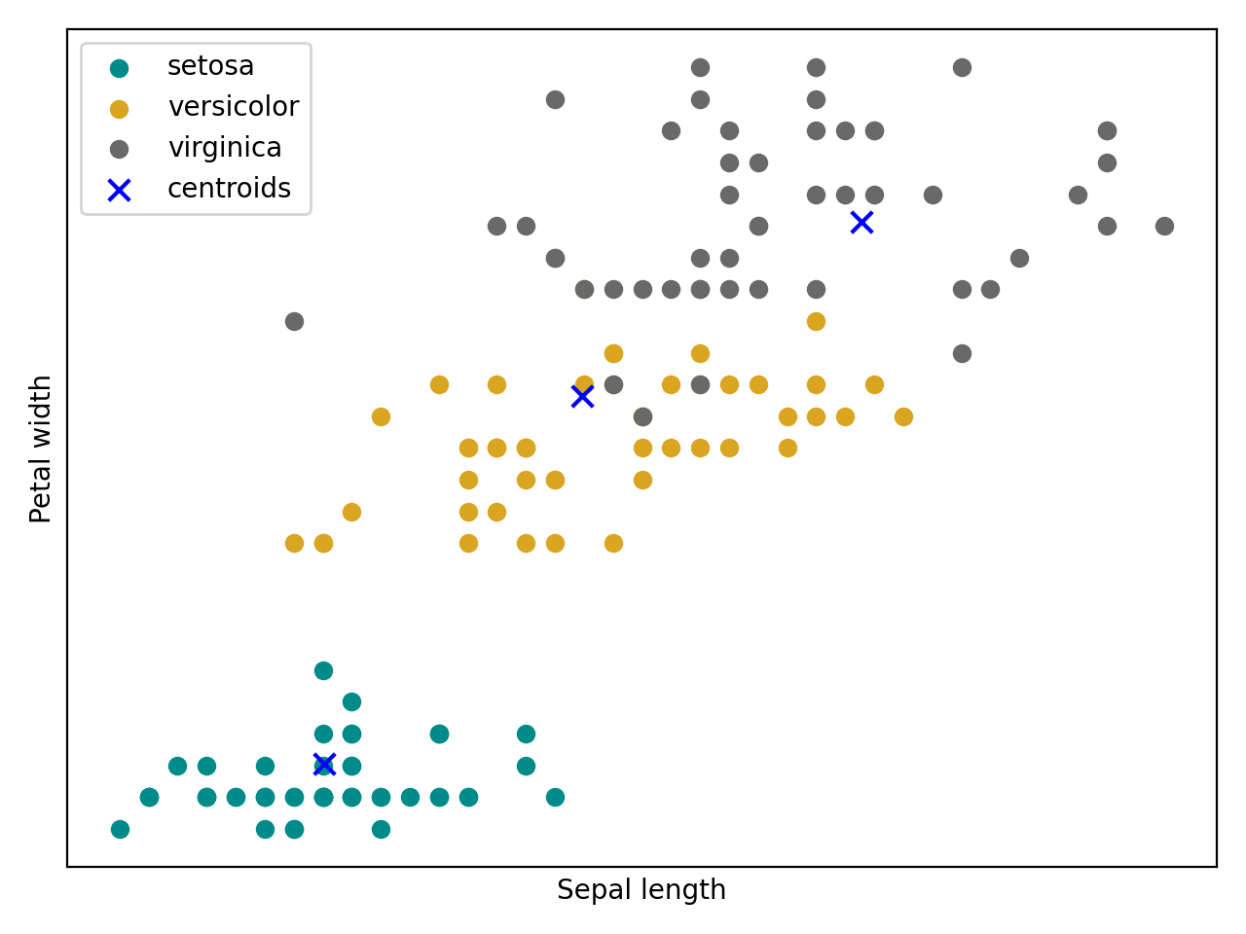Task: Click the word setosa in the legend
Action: (x=210, y=66)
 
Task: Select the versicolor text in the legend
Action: (x=233, y=107)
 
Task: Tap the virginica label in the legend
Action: (x=225, y=148)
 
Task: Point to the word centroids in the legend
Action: (x=229, y=189)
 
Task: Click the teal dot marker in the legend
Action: (x=119, y=68)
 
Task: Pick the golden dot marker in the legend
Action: (x=119, y=109)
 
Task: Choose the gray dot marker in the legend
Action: (x=119, y=149)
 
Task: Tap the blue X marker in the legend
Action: (x=119, y=190)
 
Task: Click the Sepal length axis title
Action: (x=641, y=890)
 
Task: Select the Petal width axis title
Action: (x=41, y=449)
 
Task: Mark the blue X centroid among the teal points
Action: (x=324, y=764)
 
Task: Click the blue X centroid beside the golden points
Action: (x=582, y=396)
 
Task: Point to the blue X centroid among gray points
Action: (x=861, y=223)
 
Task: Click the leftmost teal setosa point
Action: (x=120, y=829)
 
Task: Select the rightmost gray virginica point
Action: (x=1164, y=227)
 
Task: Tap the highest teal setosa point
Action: (x=323, y=670)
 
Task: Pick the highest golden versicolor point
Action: (x=816, y=321)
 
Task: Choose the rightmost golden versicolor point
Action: (x=903, y=416)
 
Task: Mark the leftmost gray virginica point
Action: (x=294, y=321)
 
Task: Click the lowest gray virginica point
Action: (x=642, y=416)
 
